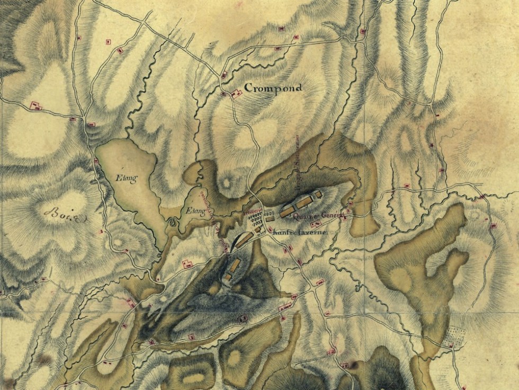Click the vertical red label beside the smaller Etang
[208, 204]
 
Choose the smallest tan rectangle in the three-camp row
[318, 196]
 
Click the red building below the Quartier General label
[316, 225]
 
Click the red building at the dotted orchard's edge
[451, 345]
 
